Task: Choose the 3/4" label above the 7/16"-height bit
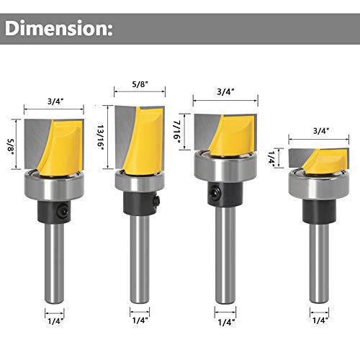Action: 226,91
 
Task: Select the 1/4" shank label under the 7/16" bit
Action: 226,318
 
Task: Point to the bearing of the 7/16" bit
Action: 225,167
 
